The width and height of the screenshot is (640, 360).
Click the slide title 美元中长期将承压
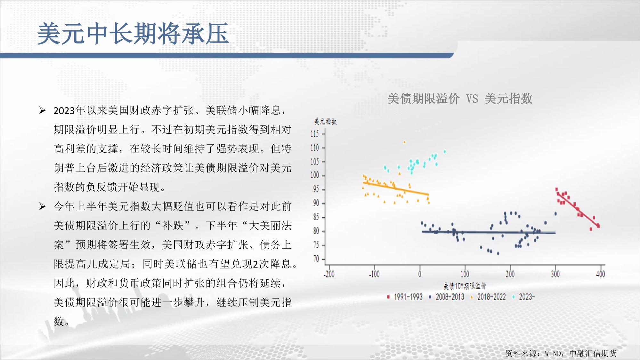click(x=133, y=34)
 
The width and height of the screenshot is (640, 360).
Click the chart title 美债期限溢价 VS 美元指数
click(x=460, y=99)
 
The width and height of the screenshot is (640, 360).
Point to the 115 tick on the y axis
click(x=315, y=134)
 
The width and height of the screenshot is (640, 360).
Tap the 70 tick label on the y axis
click(x=316, y=259)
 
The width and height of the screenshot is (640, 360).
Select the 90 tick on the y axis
click(x=316, y=203)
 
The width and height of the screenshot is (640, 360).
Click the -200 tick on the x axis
click(x=329, y=274)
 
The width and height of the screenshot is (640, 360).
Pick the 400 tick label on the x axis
click(x=601, y=274)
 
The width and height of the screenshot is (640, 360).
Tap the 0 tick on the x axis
click(x=420, y=274)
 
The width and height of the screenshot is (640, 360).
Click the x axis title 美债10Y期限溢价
click(x=465, y=286)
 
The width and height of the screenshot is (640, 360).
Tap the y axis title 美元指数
click(x=325, y=122)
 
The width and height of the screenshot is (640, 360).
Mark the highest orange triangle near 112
click(x=404, y=142)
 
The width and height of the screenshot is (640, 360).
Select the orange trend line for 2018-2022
click(x=396, y=188)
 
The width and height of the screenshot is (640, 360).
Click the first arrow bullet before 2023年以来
click(x=42, y=111)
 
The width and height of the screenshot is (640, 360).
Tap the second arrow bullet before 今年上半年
click(x=42, y=207)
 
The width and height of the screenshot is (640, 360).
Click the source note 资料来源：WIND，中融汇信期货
click(x=561, y=353)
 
